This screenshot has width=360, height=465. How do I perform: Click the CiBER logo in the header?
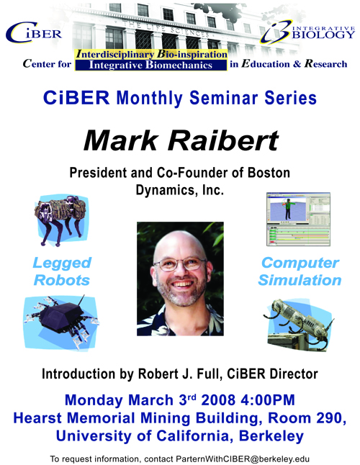point(34,32)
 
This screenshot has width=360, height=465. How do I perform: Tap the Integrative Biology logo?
point(307,32)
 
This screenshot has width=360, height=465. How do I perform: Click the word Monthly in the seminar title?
point(149,98)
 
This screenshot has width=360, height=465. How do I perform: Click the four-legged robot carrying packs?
point(61,220)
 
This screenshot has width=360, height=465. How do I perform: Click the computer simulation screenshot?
point(298,219)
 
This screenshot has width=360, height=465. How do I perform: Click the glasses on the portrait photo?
point(179,264)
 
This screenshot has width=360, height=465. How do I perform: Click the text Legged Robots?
point(62,271)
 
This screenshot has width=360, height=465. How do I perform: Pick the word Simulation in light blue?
point(300,280)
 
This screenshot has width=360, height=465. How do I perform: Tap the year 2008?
point(218,399)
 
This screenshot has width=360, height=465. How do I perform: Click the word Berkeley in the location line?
point(271,436)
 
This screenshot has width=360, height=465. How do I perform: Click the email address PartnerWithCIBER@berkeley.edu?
point(243,459)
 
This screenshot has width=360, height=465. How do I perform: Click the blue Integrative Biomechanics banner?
point(150,65)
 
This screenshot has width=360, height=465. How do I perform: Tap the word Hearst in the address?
point(37,418)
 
